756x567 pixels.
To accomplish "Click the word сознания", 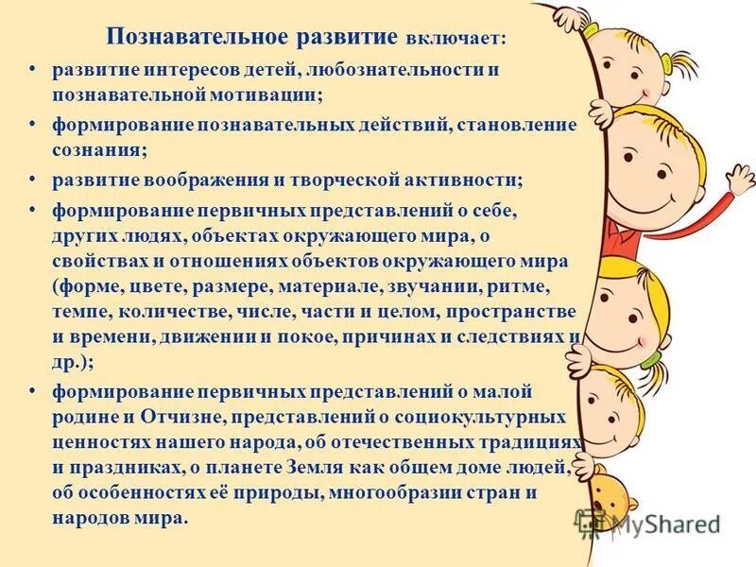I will pyautogui.click(x=90, y=149).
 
